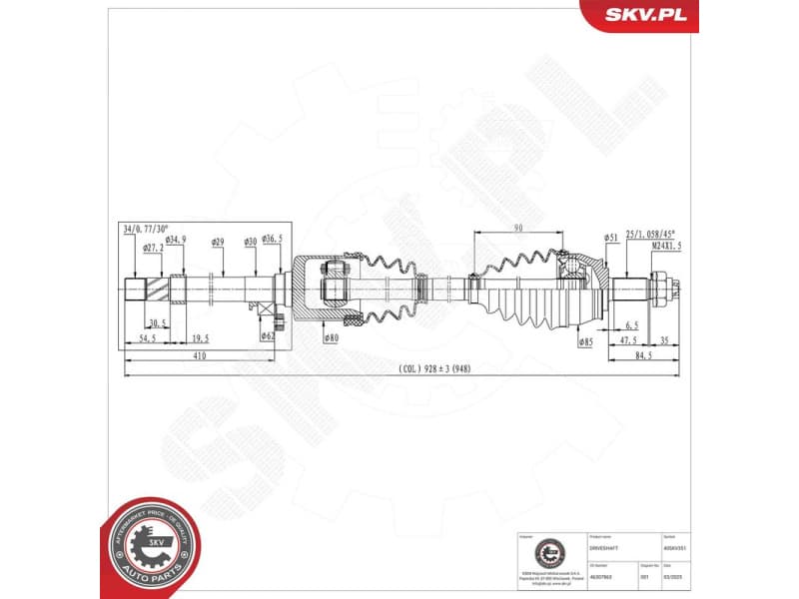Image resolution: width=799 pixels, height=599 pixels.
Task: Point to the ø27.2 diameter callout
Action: coord(153,249)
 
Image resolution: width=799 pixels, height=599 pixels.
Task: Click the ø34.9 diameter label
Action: coord(176,241)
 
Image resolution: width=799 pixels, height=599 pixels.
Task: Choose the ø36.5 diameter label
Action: coord(272,241)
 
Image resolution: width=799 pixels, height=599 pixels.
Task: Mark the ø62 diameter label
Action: coord(268,336)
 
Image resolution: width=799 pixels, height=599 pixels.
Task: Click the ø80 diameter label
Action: coord(331,339)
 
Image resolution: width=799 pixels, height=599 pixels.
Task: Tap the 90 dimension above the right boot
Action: coord(517,229)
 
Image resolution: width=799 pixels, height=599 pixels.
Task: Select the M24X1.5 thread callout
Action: coord(666,246)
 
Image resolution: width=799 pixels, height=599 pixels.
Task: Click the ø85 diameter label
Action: coord(586,341)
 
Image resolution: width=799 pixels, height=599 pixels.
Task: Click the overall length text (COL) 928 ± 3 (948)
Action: coord(434,368)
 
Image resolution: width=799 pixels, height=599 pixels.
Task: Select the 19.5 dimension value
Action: coord(200,338)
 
